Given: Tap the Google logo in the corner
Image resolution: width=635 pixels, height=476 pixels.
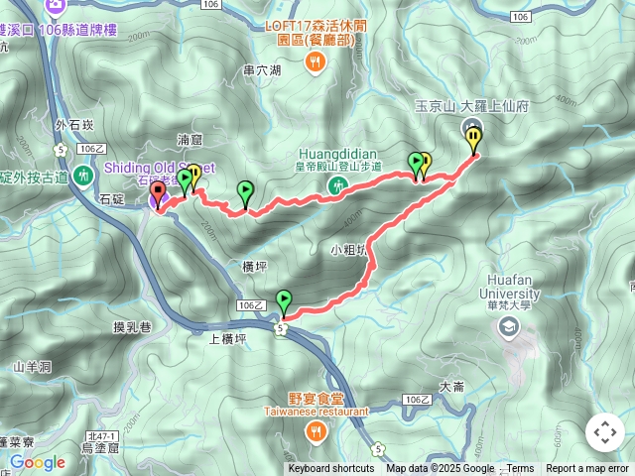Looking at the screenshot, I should coord(38,462).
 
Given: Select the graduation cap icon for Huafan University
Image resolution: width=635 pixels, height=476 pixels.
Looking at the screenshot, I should coord(510,326).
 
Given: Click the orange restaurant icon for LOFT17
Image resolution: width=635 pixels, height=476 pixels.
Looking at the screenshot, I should coord(316,62).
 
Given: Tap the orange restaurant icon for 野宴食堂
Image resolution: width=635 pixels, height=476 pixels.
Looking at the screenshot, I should coord(316,430).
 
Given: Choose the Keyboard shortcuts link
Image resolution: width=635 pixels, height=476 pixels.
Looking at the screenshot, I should coord(331,469).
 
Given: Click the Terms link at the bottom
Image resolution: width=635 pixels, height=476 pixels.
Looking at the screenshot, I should coord(520,469).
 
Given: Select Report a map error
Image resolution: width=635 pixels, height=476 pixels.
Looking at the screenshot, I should coord(587,469).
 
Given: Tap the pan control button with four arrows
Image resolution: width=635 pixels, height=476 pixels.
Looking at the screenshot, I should coord(604,432).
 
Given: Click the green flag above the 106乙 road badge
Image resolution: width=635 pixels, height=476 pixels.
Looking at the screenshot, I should coord(284,299).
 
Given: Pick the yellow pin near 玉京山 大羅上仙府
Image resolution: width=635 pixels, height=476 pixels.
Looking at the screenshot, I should coord(474,139).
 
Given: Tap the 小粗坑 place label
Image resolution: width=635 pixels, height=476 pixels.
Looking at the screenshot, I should coord(348,250).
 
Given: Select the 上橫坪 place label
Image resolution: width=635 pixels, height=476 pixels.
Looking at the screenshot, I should coord(227,338).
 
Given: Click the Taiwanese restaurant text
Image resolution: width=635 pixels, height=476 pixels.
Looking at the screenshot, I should coord(316,410).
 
